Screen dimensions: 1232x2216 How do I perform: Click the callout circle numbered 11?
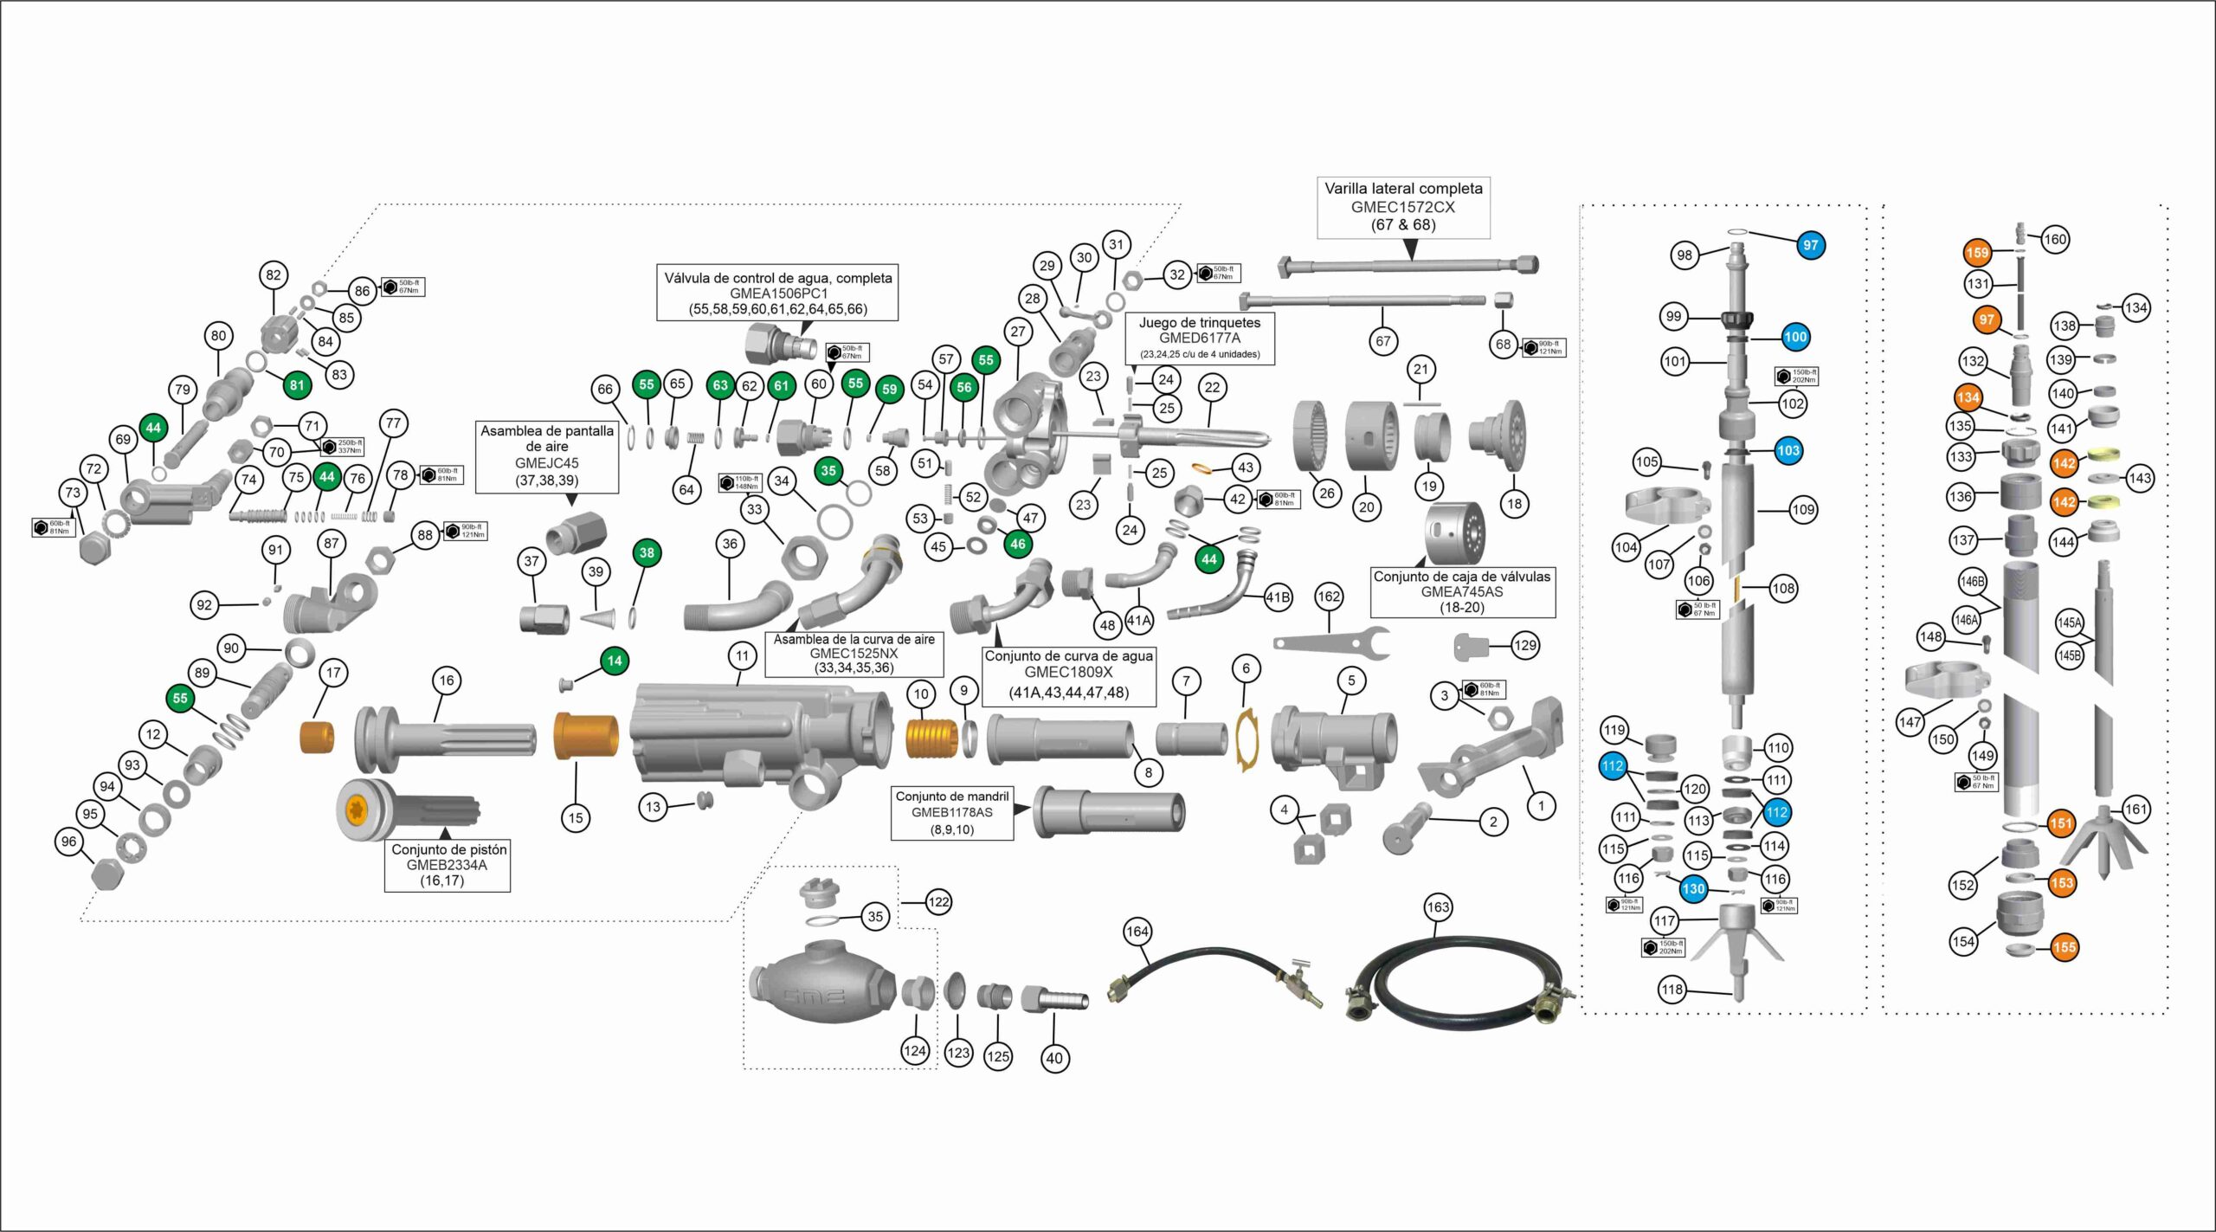742,656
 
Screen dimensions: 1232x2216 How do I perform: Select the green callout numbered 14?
614,661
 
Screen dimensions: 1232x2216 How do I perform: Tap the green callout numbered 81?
297,384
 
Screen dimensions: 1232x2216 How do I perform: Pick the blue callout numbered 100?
1795,337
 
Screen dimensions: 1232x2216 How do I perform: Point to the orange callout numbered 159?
1977,253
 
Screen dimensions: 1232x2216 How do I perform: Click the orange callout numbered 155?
2064,947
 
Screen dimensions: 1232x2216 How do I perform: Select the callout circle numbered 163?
1437,907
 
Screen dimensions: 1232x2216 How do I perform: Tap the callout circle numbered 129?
1525,645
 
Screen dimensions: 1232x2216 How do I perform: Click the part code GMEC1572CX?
1402,207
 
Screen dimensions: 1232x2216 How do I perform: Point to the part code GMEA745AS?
1462,592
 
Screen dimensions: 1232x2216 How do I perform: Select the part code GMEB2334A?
446,865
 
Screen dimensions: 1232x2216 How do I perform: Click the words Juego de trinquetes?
1199,323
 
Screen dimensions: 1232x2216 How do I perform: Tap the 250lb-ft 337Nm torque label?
342,446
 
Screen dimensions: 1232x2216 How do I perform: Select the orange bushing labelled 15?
585,735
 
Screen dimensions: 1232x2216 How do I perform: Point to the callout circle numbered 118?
1672,989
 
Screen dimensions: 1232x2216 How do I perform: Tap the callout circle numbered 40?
1054,1057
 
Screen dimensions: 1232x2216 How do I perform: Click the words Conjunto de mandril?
951,797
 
